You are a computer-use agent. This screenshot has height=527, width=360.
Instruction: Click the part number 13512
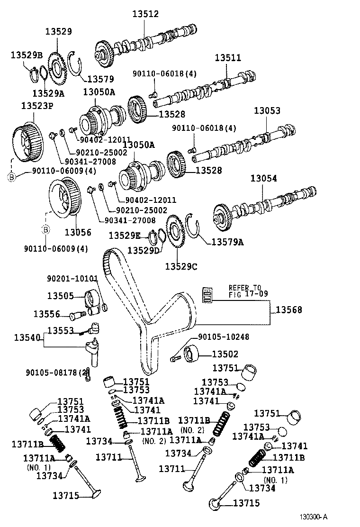145,15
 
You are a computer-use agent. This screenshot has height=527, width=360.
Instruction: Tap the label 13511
228,58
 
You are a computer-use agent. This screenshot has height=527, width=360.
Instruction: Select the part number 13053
267,111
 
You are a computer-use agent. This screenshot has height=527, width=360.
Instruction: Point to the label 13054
264,179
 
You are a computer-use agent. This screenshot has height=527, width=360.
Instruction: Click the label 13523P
37,105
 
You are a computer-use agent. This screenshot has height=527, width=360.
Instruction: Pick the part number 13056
78,232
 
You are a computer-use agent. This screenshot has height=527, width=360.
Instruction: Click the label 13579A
227,242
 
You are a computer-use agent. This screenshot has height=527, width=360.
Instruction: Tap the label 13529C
181,266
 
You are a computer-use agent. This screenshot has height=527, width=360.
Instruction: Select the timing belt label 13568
289,310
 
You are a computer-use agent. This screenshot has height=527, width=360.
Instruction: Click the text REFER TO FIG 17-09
245,291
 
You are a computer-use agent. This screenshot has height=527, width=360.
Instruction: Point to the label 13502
225,354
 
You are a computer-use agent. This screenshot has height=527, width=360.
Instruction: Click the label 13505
60,296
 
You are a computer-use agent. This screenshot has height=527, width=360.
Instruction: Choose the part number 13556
46,314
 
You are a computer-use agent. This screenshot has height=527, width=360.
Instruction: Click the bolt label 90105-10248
224,337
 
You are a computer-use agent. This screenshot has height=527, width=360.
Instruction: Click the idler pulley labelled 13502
194,354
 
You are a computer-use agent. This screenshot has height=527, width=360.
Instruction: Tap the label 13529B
27,55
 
